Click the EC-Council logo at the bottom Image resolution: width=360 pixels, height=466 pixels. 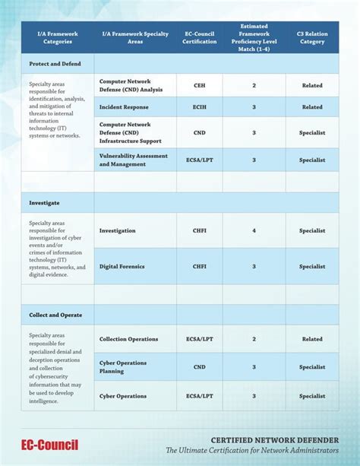coord(49,445)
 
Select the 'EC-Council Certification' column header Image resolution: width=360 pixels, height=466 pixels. coord(199,37)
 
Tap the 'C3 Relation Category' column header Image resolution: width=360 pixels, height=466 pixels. coord(312,37)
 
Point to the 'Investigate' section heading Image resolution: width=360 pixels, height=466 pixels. coord(44,203)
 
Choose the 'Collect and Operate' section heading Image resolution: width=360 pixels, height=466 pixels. coord(55,315)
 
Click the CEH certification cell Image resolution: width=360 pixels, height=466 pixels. coord(199,86)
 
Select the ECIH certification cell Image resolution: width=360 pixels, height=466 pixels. coord(199,107)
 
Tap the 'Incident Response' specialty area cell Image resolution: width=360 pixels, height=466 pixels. coord(125,107)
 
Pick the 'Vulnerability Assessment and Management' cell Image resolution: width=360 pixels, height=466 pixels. coord(134,160)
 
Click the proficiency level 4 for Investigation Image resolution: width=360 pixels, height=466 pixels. coord(254,230)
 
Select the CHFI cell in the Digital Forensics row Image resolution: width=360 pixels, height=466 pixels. coord(199,267)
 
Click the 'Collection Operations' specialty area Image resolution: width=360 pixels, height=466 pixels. coord(129,339)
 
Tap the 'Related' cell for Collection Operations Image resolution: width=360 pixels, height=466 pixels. coord(312,339)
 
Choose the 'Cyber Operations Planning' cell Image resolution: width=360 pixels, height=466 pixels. coord(123,367)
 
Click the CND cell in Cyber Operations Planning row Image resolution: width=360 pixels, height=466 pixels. coord(199,367)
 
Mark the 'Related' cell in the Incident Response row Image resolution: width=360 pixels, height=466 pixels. coord(312,107)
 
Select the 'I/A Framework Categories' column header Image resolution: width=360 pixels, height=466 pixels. coord(52,37)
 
